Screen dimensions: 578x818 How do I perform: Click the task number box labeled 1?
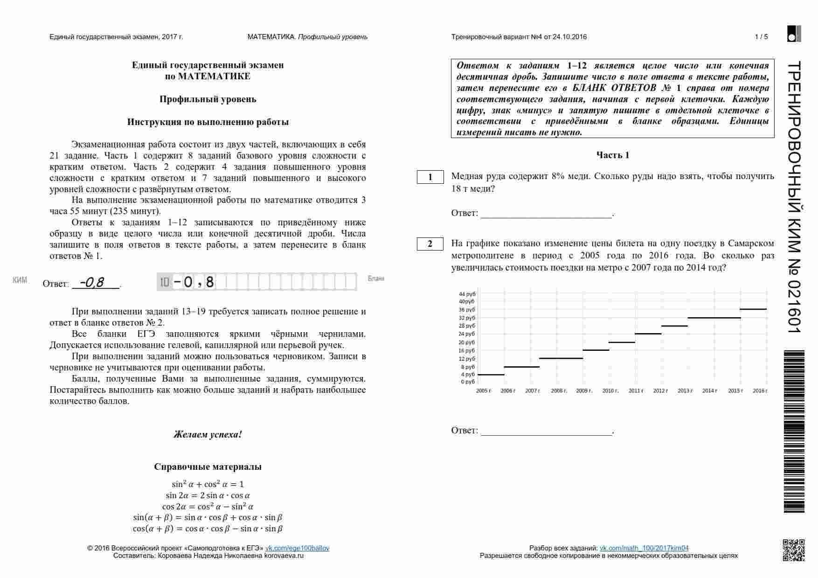430,177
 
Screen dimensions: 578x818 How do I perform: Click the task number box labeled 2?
430,244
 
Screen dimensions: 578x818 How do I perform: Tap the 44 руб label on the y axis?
467,294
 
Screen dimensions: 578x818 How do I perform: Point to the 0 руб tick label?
468,382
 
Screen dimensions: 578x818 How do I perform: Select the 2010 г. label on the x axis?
610,391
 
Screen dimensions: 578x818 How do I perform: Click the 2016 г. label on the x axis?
760,391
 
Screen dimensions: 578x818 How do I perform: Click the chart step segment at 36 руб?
753,309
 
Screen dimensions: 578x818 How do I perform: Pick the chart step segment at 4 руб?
491,375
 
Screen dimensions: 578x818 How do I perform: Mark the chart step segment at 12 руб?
561,358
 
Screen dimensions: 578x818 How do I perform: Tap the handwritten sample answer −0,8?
92,282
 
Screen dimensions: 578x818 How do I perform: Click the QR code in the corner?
793,550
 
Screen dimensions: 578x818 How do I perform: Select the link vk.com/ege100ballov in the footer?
297,548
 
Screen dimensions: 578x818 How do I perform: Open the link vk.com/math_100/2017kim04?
644,548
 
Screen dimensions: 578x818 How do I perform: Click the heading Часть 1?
612,155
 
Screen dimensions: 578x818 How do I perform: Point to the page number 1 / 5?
761,37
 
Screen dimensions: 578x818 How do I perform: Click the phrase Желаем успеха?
208,434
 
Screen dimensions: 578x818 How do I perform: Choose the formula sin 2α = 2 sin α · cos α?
208,495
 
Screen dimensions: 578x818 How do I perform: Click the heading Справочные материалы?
208,467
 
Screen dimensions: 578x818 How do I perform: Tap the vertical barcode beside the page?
794,432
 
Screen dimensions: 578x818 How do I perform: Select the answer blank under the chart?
546,431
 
